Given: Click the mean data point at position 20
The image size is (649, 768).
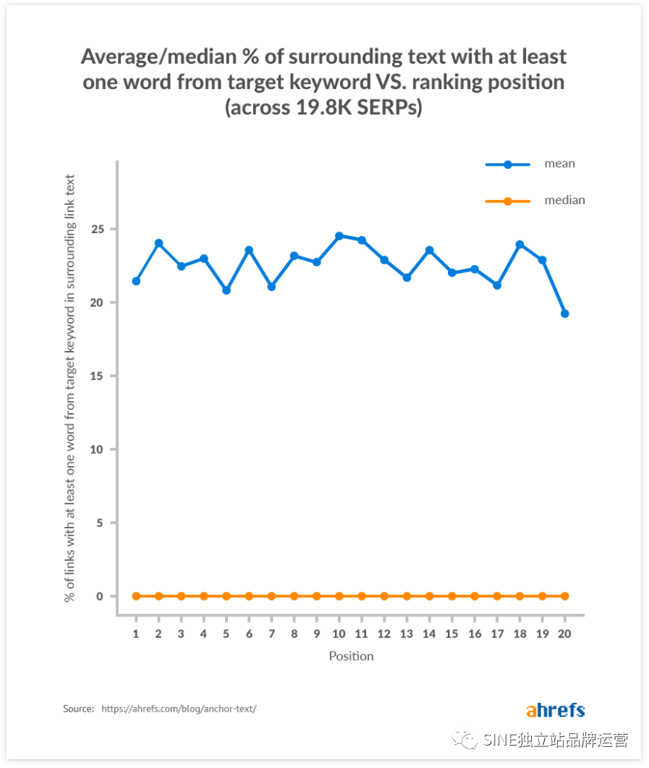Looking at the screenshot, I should [564, 313].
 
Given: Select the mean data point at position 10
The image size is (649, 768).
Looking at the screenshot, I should [339, 236].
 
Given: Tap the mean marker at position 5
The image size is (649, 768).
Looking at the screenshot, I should [226, 290].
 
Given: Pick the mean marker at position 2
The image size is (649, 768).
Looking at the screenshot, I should [158, 243].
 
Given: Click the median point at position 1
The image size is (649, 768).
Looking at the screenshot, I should [136, 596].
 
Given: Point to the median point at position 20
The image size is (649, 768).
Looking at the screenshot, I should [564, 596].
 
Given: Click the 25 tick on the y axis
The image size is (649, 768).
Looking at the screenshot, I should [97, 229].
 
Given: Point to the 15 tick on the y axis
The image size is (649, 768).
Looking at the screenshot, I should [97, 376].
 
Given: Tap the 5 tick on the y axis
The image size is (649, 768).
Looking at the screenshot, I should [100, 523].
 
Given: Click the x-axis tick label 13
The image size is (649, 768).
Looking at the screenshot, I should [407, 633].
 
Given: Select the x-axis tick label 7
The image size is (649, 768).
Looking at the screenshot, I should [271, 633].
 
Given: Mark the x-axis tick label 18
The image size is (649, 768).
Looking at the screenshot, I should [519, 633].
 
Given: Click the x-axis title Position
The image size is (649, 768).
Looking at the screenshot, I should [351, 657].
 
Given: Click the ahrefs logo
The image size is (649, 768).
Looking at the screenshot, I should [555, 710].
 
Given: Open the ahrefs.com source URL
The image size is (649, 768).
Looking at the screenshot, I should [179, 709].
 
